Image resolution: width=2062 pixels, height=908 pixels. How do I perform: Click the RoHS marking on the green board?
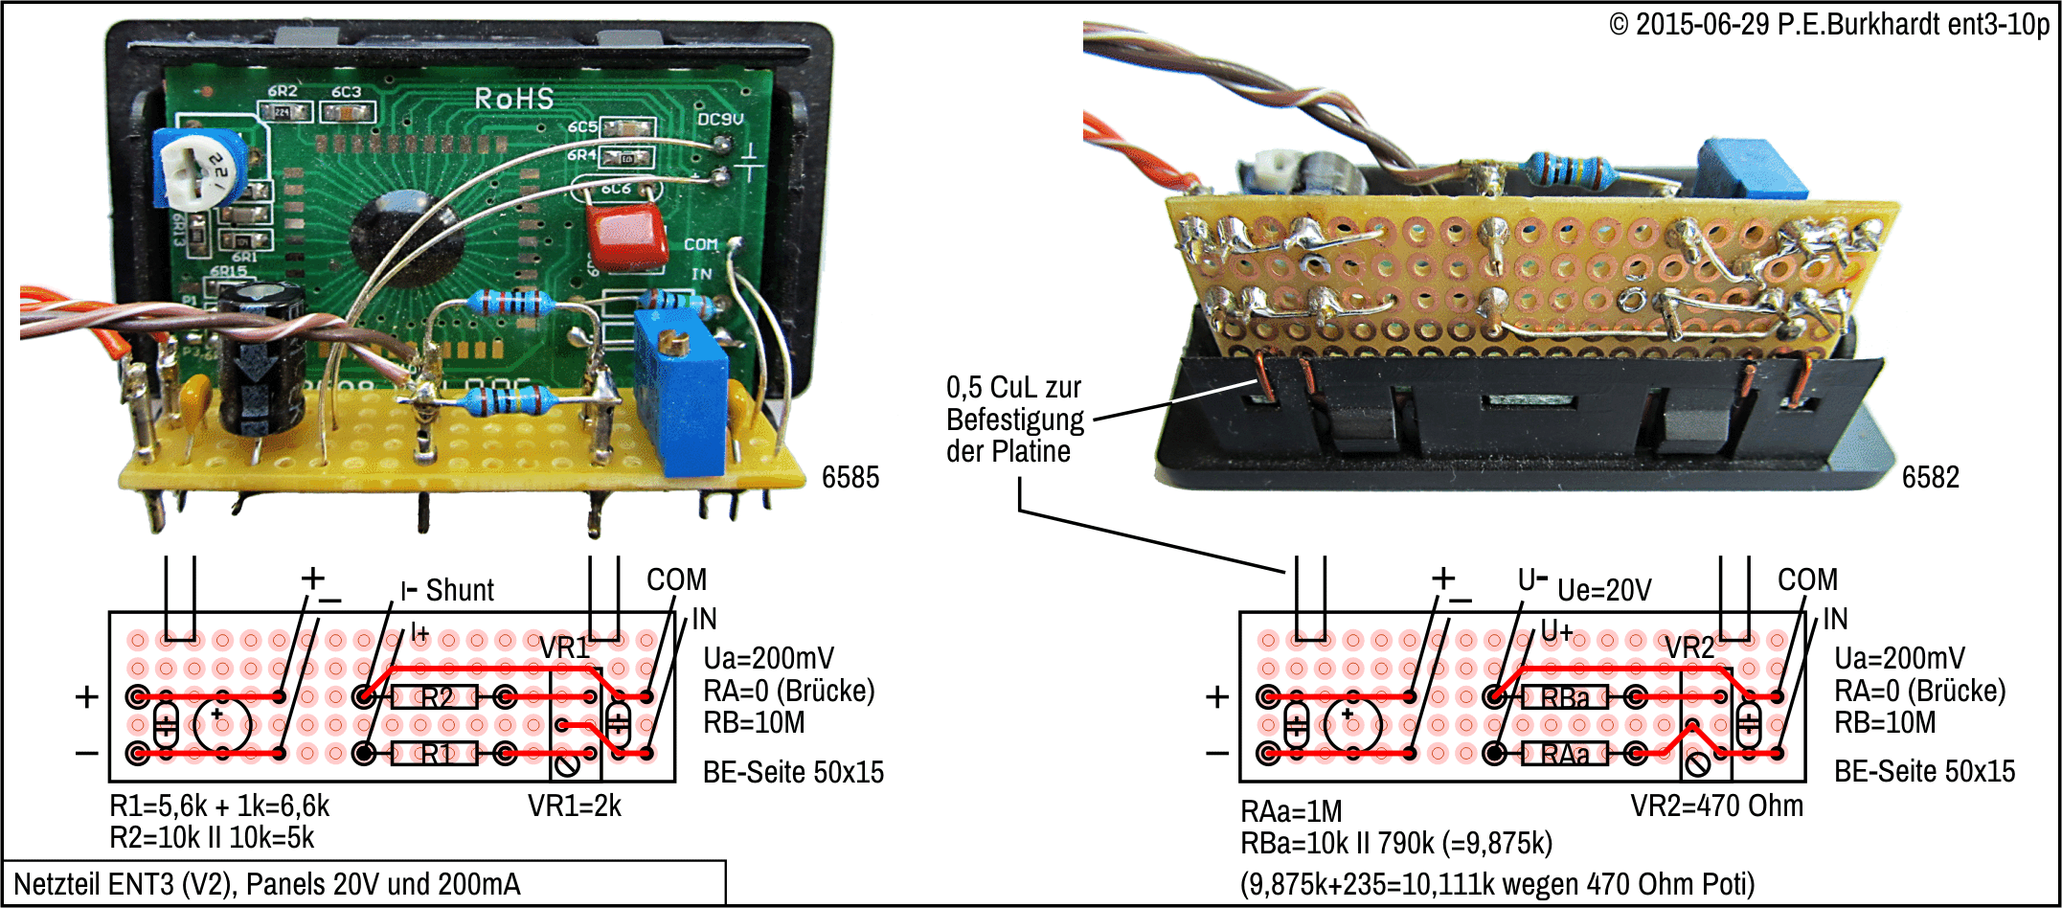coord(514,99)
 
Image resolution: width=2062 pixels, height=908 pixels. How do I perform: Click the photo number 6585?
coord(850,477)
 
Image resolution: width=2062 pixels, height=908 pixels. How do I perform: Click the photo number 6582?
coord(1930,477)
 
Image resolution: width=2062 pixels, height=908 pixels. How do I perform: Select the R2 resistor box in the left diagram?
coord(435,697)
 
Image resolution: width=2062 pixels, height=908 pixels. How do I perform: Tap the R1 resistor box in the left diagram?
coord(435,754)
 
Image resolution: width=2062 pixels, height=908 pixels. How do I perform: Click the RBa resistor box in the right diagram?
coord(1565,697)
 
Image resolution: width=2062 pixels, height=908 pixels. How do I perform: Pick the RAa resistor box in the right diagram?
coord(1565,755)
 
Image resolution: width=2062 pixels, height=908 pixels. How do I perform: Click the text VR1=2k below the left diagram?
coord(575,806)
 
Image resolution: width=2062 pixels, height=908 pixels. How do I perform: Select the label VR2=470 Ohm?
coord(1716,806)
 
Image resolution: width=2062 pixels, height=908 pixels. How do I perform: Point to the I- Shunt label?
coord(447,590)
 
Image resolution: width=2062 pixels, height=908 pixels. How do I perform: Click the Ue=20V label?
coord(1605,590)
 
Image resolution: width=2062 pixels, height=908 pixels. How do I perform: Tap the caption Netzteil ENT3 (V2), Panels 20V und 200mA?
coord(267,883)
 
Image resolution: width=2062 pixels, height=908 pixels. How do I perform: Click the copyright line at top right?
coord(1829,24)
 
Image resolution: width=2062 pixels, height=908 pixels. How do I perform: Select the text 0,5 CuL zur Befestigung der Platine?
coord(1014,419)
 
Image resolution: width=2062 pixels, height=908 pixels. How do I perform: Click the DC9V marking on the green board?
coord(719,119)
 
